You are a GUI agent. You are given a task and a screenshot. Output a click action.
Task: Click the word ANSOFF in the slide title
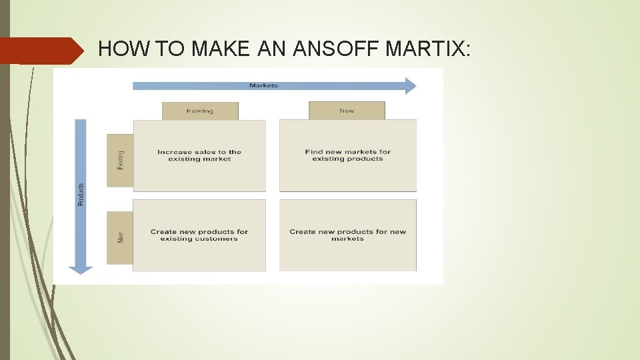click(x=334, y=49)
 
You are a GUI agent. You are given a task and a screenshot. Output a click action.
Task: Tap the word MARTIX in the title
click(x=427, y=49)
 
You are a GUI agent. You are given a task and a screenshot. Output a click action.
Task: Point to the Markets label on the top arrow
click(x=263, y=85)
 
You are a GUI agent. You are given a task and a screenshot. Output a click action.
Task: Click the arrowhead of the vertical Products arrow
click(x=81, y=269)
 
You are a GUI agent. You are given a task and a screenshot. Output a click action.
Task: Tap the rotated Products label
click(x=81, y=194)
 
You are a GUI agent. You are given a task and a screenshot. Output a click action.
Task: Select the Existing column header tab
click(x=200, y=111)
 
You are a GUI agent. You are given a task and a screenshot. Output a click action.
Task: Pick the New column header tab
click(x=347, y=111)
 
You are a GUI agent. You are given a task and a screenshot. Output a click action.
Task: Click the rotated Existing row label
click(x=121, y=159)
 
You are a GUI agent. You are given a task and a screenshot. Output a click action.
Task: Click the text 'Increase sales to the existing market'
click(x=199, y=155)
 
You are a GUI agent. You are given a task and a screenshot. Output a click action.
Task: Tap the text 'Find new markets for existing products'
click(x=347, y=155)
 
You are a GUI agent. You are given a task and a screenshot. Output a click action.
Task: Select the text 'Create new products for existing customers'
click(x=199, y=235)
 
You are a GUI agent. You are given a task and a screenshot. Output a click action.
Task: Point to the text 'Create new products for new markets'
click(x=347, y=235)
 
